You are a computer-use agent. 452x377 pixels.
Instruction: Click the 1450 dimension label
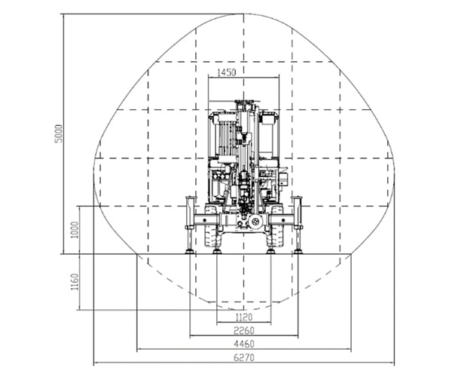coord(227,72)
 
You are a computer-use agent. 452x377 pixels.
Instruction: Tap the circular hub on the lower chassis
coord(255,223)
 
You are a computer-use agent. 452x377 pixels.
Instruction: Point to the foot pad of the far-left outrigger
coord(188,251)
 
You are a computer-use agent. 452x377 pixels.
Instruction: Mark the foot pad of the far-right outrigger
coord(299,251)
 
